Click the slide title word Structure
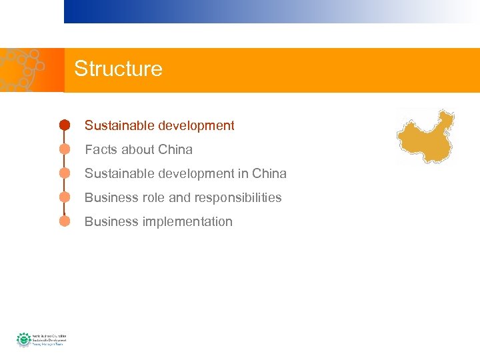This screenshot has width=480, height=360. point(118,69)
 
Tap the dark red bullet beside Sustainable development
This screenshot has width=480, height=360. point(65,125)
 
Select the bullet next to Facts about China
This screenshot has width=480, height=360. point(65,149)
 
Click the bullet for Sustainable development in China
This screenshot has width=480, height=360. point(65,173)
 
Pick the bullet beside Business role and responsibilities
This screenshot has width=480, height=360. point(65,197)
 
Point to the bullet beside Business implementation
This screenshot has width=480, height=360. point(65,221)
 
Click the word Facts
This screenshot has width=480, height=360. point(99,149)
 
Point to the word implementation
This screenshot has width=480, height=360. point(187,221)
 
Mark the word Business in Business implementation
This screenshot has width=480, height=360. point(111,221)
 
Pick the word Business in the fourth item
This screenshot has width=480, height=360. point(111,197)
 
